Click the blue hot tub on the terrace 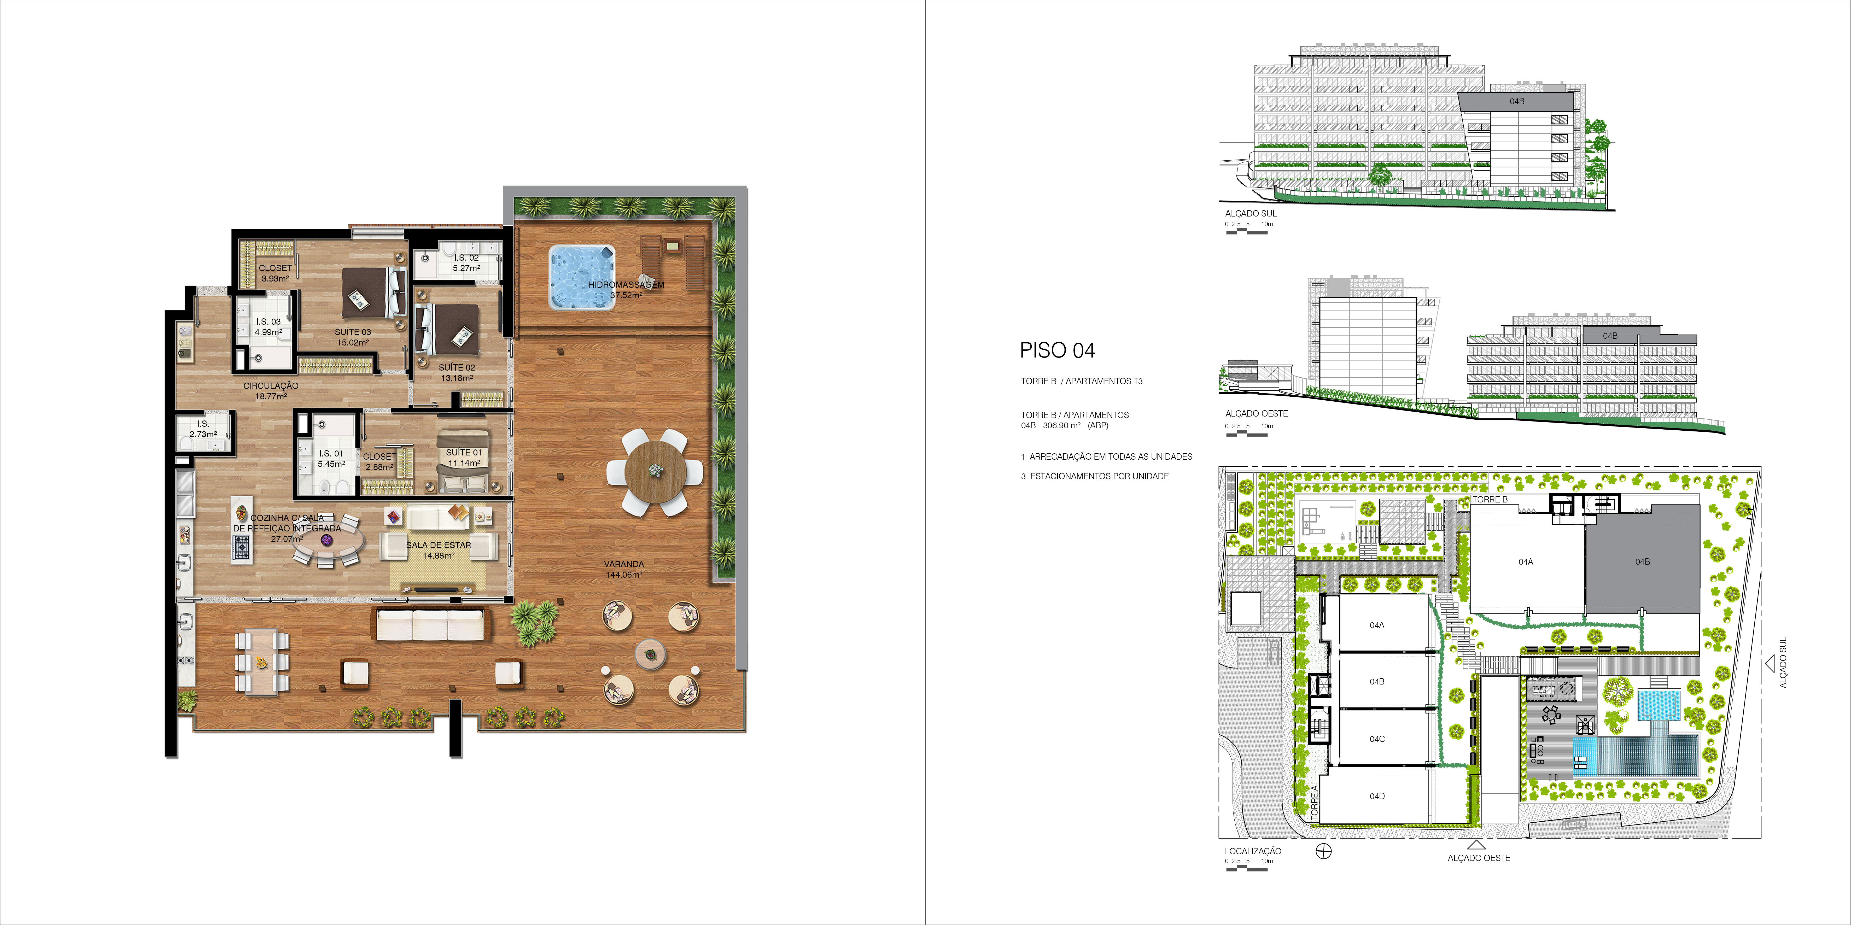pos(582,278)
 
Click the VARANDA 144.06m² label pos(624,569)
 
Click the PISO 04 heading pos(1057,351)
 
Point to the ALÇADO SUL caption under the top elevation pos(1251,213)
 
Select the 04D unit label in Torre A pos(1377,796)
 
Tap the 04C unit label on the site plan pos(1377,739)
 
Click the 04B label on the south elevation pos(1517,101)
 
